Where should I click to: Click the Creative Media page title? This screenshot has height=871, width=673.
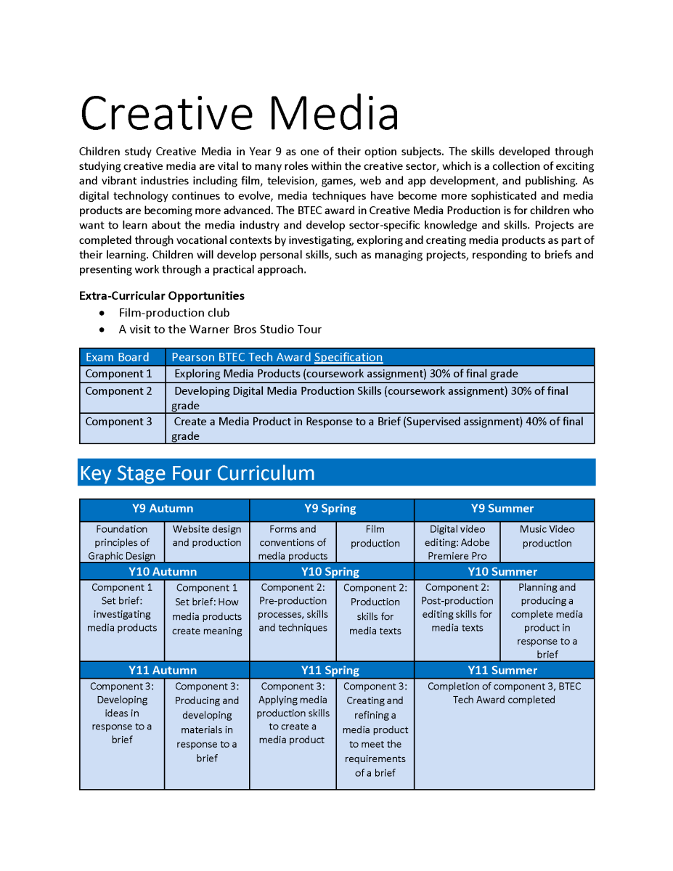[x=240, y=114]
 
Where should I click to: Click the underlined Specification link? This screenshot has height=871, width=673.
[x=348, y=357]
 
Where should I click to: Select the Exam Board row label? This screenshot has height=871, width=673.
[x=117, y=357]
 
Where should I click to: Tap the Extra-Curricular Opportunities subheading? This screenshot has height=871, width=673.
[x=162, y=296]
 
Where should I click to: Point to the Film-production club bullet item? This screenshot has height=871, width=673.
[x=174, y=313]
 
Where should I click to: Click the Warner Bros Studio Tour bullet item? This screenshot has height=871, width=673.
[x=220, y=330]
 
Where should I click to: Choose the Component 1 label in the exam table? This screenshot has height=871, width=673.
[x=119, y=374]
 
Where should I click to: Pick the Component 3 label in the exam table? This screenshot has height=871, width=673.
[x=119, y=422]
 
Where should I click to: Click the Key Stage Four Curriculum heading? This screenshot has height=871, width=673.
[x=197, y=473]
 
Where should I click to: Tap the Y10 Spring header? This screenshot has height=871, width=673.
[x=330, y=572]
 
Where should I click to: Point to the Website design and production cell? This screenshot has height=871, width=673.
[x=207, y=536]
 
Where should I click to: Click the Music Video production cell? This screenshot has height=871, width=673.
[x=547, y=536]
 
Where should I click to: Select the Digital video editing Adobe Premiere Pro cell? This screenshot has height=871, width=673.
[x=457, y=543]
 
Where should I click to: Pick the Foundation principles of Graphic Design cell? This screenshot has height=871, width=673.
[x=122, y=543]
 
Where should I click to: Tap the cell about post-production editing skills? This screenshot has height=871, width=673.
[x=457, y=608]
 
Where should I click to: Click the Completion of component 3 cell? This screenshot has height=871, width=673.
[x=504, y=693]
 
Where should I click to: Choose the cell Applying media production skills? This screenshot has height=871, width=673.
[x=293, y=713]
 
